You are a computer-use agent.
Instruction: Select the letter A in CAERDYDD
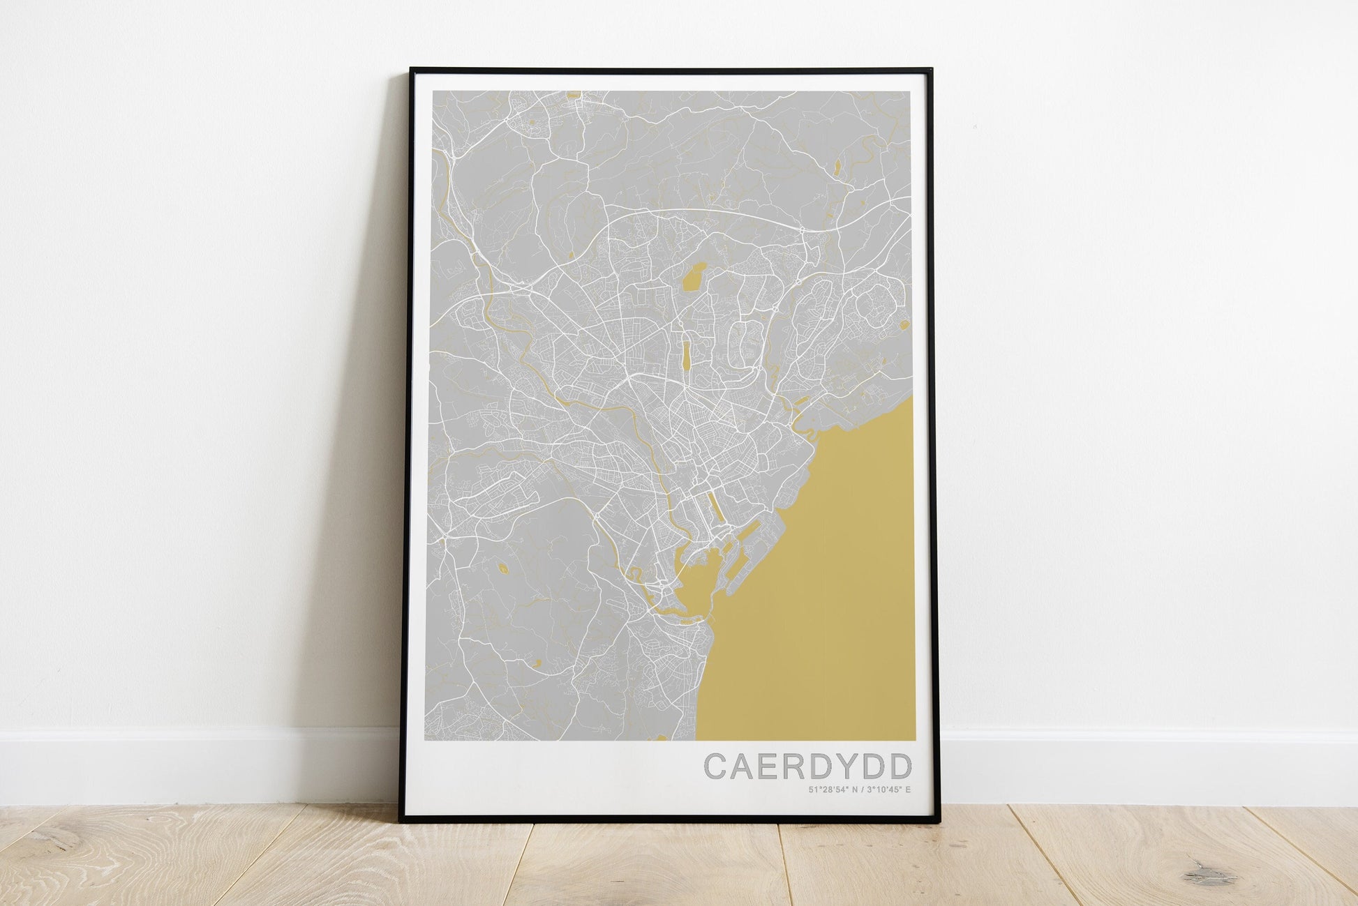(x=744, y=767)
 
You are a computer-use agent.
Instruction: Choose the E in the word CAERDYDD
(x=769, y=767)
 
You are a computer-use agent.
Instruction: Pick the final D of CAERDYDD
(x=900, y=767)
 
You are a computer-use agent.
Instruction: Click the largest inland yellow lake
(x=694, y=278)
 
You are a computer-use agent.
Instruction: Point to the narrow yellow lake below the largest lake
(x=687, y=353)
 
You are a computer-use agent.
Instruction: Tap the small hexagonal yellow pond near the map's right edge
(x=904, y=324)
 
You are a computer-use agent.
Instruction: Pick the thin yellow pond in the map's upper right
(x=836, y=167)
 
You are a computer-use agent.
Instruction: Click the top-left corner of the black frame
(x=412, y=69)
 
